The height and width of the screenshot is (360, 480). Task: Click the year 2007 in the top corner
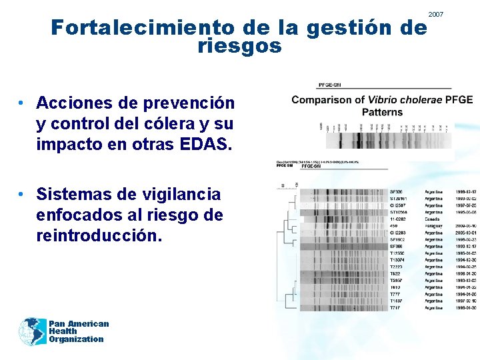[x=435, y=14]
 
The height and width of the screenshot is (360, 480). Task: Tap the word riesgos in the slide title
[x=240, y=47]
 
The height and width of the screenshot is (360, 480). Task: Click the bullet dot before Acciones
[x=22, y=103]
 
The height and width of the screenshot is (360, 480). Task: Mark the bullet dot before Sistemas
[x=22, y=194]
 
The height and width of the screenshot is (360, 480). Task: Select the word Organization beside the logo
[x=76, y=339]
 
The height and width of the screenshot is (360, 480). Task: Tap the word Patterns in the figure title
[x=383, y=113]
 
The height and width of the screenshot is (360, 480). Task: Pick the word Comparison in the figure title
[x=323, y=100]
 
